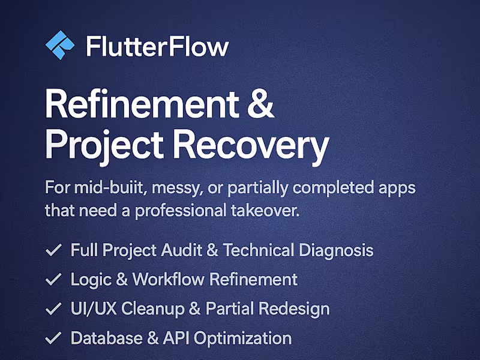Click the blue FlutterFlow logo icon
60,46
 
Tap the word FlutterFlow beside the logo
157,46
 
